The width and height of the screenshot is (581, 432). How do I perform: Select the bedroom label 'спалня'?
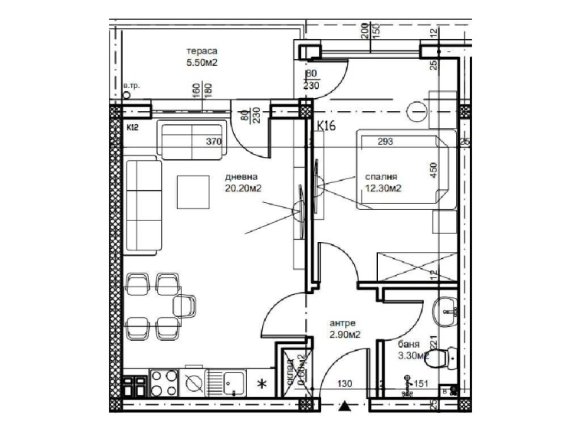pyautogui.click(x=381, y=175)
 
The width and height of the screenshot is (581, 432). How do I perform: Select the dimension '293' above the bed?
pyautogui.click(x=386, y=141)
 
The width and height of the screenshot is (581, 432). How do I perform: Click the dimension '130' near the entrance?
pyautogui.click(x=347, y=385)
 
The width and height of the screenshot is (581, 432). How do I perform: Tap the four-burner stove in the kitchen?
pyautogui.click(x=162, y=380)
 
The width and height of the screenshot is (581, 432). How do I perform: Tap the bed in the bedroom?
pyautogui.click(x=399, y=170)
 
